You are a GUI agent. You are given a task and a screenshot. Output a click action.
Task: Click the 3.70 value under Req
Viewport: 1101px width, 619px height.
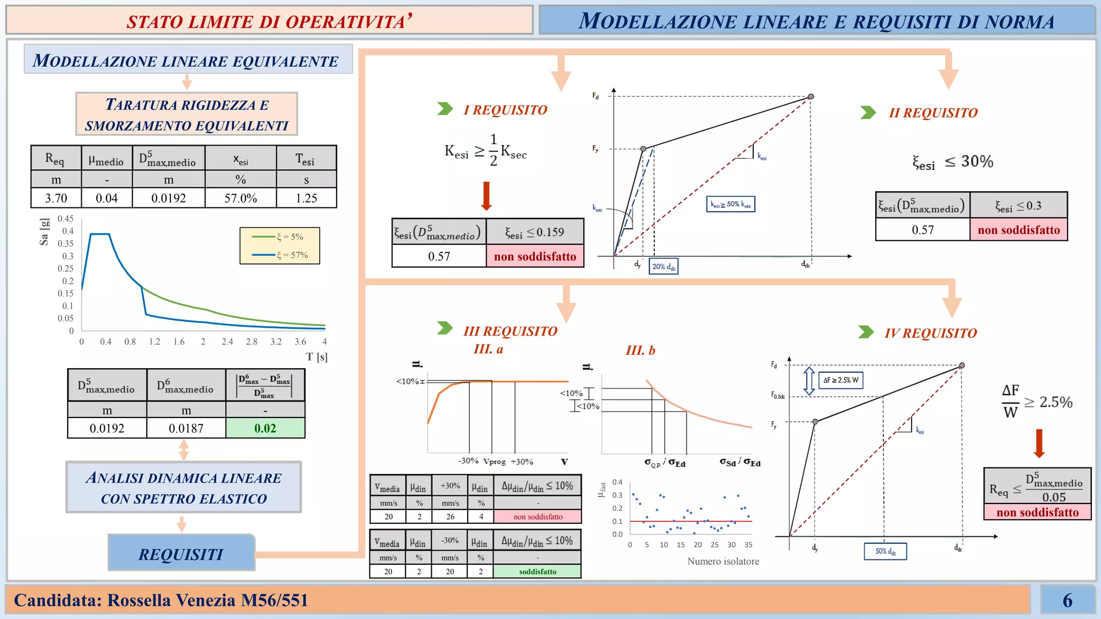(x=56, y=198)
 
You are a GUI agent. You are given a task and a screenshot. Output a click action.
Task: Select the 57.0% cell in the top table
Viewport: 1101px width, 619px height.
(x=240, y=198)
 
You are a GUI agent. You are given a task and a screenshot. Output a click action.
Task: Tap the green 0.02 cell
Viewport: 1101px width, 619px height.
(x=265, y=428)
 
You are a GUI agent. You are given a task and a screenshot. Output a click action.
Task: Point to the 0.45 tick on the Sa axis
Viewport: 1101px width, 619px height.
(x=66, y=219)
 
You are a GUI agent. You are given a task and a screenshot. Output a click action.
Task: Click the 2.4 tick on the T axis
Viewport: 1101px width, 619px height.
(x=227, y=342)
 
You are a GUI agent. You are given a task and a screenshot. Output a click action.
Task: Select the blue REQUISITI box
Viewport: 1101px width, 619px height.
(x=181, y=553)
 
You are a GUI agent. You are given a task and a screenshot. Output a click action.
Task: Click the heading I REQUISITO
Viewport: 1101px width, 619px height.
(x=505, y=110)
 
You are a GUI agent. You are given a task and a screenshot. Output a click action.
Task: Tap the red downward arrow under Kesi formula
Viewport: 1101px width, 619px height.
(x=487, y=196)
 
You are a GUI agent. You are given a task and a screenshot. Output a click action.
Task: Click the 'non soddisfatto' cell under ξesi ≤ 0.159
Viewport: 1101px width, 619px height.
(x=535, y=256)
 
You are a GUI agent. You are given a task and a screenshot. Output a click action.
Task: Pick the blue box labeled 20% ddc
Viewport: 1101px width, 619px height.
(x=663, y=267)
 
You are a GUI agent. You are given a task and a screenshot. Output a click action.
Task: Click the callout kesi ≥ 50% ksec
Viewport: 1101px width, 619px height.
(x=731, y=204)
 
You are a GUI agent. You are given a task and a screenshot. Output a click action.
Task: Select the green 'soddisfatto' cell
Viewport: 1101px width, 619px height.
(x=537, y=572)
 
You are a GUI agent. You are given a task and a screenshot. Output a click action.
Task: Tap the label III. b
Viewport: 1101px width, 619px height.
(x=640, y=350)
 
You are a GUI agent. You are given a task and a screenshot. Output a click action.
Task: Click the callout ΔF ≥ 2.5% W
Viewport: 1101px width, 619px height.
(x=841, y=380)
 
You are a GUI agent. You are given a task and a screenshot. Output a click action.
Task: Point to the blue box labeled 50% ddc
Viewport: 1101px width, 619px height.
(x=885, y=551)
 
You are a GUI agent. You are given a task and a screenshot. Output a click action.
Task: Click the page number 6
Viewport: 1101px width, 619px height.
(x=1067, y=600)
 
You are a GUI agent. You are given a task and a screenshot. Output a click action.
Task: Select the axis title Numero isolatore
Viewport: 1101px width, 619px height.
(x=723, y=562)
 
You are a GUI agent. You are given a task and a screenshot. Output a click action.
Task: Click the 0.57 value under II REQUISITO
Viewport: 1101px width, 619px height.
(x=923, y=230)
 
